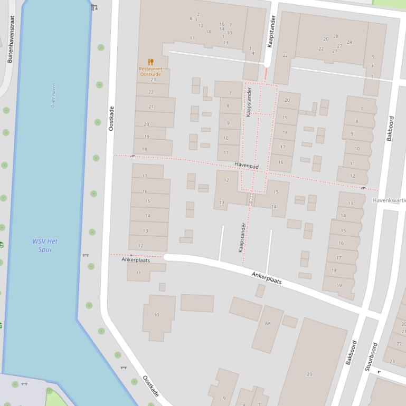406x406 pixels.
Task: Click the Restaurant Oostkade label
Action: (x=150, y=72)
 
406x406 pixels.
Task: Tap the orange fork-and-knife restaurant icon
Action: (x=150, y=62)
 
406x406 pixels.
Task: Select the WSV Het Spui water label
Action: (x=45, y=245)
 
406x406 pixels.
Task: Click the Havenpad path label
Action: (x=247, y=166)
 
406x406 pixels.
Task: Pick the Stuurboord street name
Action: (x=371, y=357)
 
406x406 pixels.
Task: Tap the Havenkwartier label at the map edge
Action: (x=389, y=200)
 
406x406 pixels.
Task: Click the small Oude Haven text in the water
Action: (x=53, y=95)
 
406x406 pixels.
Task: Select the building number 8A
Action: (x=268, y=323)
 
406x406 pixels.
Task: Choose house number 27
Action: (x=339, y=46)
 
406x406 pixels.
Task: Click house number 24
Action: (x=349, y=42)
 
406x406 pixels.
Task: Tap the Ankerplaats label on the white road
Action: (x=267, y=278)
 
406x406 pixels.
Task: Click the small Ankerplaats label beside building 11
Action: (x=136, y=260)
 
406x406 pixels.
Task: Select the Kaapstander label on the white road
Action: (x=271, y=32)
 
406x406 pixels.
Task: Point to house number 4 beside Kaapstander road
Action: (x=253, y=53)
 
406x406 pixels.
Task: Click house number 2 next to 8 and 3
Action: (x=198, y=14)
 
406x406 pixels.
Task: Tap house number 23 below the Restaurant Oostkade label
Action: (x=153, y=80)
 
